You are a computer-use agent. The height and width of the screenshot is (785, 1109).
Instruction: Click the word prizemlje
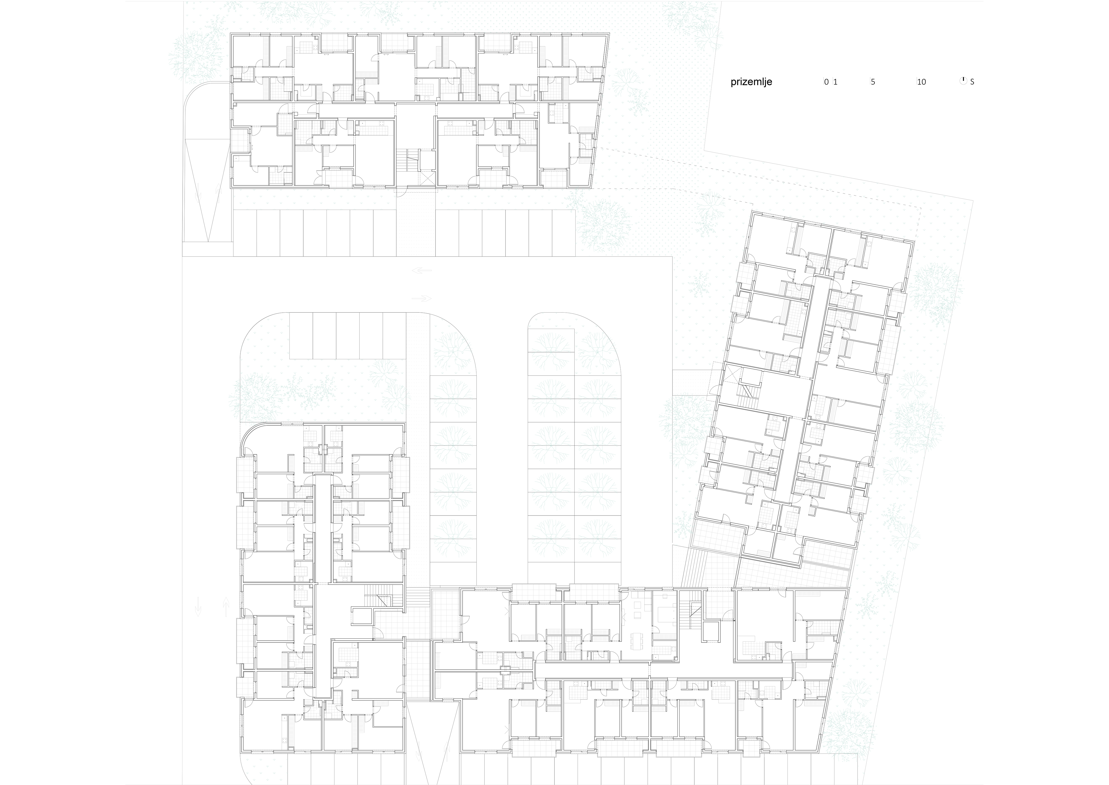pyautogui.click(x=751, y=82)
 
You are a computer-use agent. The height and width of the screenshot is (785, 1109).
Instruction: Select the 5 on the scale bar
pyautogui.click(x=873, y=82)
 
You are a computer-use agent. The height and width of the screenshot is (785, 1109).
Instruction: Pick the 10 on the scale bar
pyautogui.click(x=922, y=82)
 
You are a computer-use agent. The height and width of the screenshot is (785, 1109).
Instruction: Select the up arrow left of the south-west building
pyautogui.click(x=226, y=608)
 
